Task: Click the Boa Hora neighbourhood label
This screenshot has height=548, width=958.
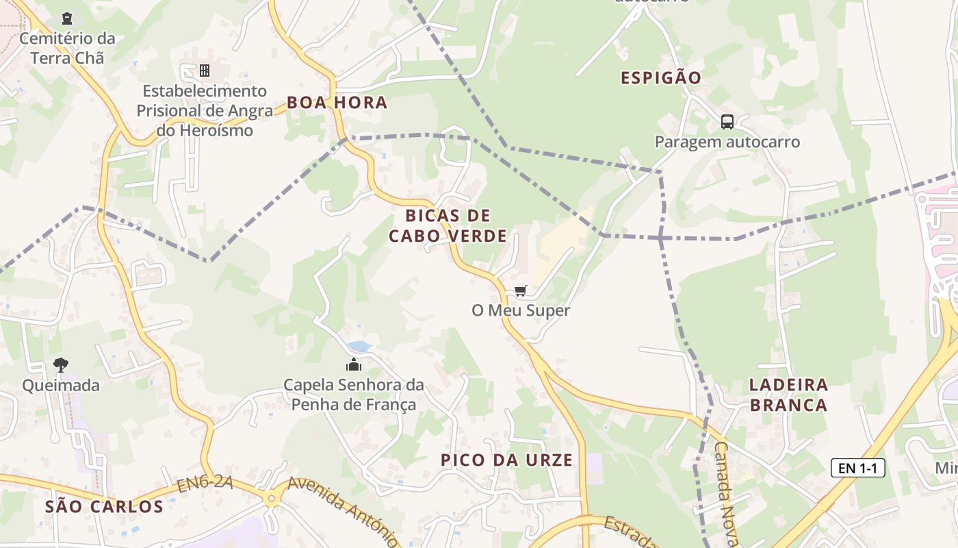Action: [x=337, y=103]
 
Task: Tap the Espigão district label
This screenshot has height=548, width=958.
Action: [x=660, y=77]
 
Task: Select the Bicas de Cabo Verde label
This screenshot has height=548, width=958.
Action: [x=448, y=226]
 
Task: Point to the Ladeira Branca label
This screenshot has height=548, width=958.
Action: [x=788, y=395]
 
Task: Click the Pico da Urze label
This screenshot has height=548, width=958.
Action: [x=506, y=460]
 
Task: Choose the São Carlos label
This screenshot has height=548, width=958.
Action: [x=104, y=507]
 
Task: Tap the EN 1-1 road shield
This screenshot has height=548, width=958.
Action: [x=857, y=469]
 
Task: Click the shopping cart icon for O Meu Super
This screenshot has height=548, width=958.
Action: [x=521, y=291]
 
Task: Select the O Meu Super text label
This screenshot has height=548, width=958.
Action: [x=521, y=310]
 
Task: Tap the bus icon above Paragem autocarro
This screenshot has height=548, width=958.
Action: [x=727, y=122]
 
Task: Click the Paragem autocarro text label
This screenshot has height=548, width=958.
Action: [x=727, y=142]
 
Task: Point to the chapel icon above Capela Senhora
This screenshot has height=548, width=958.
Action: [x=354, y=364]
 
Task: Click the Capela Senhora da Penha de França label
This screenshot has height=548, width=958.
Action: [x=354, y=395]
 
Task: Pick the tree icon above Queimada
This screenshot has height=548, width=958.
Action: [x=61, y=364]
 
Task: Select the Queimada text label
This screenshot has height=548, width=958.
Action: [x=61, y=385]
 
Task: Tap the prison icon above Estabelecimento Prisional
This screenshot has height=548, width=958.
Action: [x=204, y=71]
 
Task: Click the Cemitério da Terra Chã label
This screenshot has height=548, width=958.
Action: [x=67, y=48]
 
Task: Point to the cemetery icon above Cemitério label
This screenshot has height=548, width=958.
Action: [x=67, y=18]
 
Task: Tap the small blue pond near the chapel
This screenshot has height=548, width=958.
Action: [x=359, y=347]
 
